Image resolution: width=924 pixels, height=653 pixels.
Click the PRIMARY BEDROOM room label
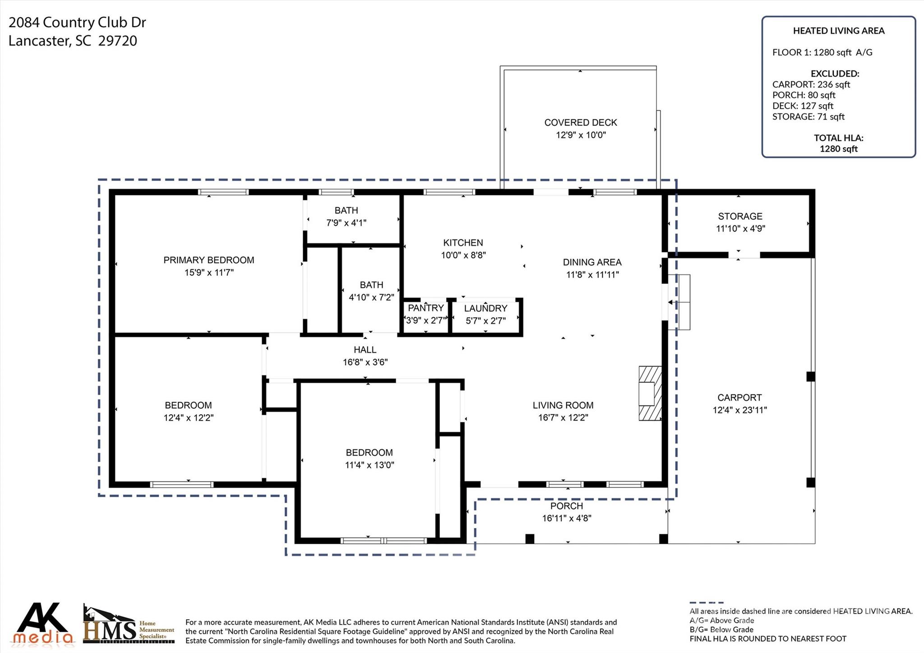[x=208, y=260]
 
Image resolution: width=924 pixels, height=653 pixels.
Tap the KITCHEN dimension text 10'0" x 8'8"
[x=463, y=255]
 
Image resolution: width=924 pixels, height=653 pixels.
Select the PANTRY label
[x=425, y=308]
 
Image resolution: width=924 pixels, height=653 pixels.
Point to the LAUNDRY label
[x=485, y=308]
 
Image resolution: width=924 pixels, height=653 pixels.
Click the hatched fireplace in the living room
[x=650, y=393]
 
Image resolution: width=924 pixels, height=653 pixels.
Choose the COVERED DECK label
[x=581, y=122]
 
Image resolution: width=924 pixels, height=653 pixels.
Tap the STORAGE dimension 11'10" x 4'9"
[x=740, y=228]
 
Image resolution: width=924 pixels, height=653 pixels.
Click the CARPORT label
[x=739, y=398]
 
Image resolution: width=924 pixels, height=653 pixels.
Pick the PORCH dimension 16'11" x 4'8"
[x=567, y=518]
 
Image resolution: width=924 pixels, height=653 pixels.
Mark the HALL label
[x=365, y=350]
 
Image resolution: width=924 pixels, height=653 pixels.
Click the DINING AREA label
[x=592, y=262]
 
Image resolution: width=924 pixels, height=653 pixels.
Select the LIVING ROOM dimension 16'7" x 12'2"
[x=563, y=417]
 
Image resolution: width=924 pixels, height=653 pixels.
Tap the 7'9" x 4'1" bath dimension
[x=346, y=222]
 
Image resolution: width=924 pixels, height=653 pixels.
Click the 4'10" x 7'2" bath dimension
[x=371, y=297]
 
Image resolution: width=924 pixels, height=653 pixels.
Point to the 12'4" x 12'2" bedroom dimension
[x=188, y=417]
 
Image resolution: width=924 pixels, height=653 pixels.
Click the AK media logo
[x=44, y=623]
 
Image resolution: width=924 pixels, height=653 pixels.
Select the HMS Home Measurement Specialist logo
[x=129, y=624]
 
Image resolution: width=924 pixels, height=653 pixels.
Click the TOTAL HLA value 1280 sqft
[x=838, y=149]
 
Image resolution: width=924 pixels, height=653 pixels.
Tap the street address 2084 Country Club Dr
[x=77, y=23]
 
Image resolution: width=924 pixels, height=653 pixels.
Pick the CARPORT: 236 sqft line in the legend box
[x=811, y=84]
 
